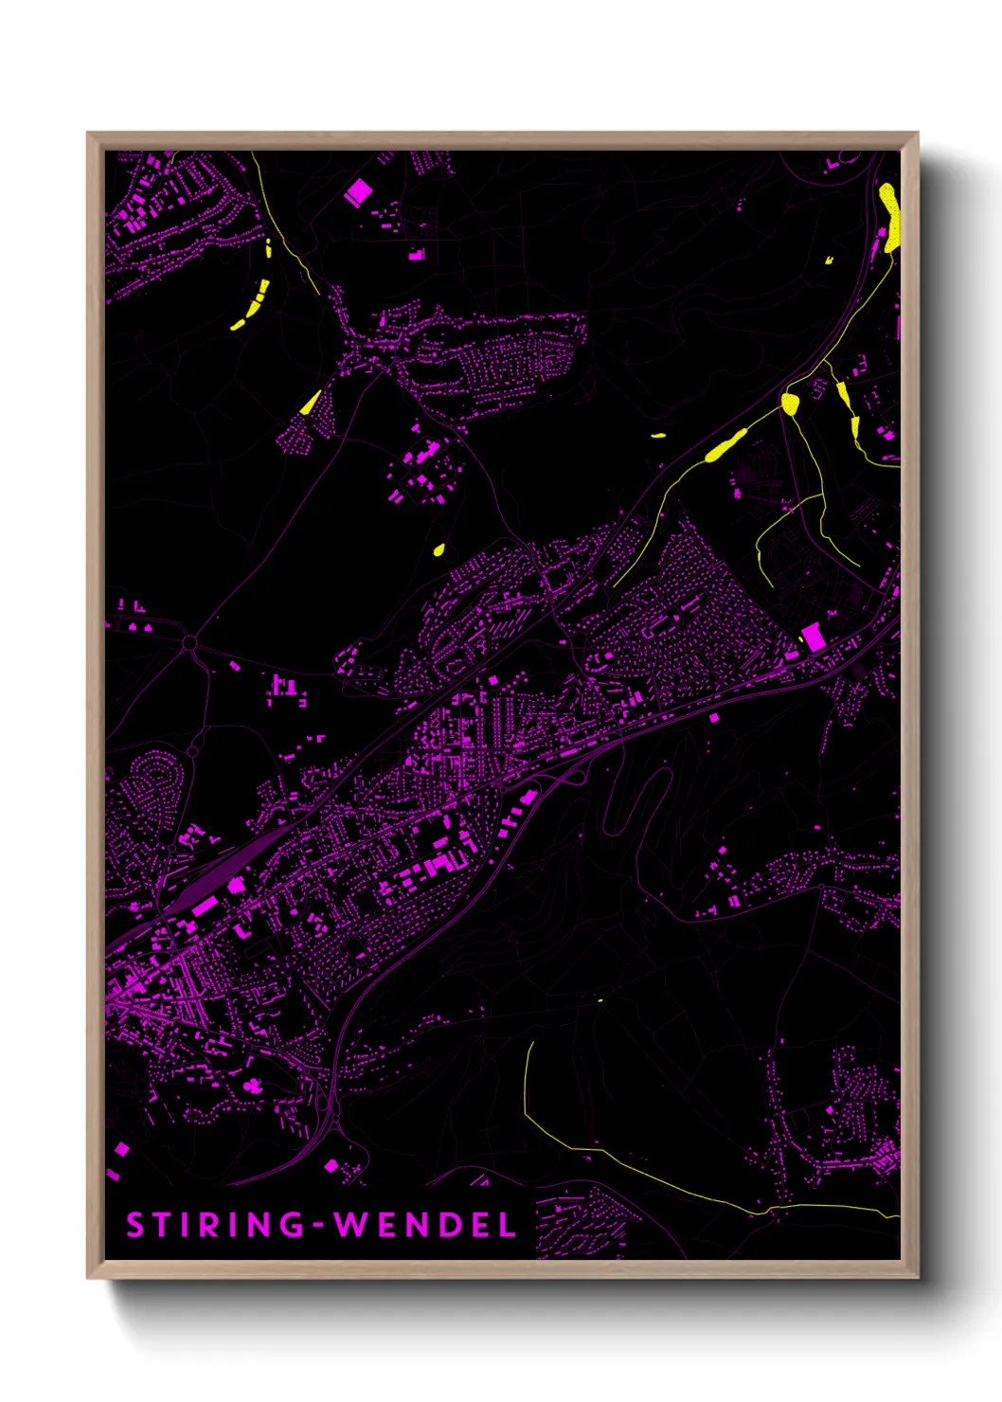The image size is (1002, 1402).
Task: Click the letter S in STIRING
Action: pyautogui.click(x=134, y=1225)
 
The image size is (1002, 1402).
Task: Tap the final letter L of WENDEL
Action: pyautogui.click(x=508, y=1225)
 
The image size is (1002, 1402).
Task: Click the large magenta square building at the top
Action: pyautogui.click(x=358, y=193)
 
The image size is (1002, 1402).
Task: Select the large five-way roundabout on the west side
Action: pyautogui.click(x=189, y=644)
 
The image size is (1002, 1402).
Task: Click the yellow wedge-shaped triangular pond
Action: pyautogui.click(x=311, y=404)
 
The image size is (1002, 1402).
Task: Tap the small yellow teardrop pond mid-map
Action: pyautogui.click(x=439, y=548)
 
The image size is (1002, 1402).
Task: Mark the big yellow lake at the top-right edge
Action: pyautogui.click(x=889, y=216)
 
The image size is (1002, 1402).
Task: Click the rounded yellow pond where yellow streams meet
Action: pyautogui.click(x=791, y=404)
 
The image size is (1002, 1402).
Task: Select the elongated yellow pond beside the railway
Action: pyautogui.click(x=727, y=445)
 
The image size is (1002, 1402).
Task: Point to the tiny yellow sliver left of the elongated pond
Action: pyautogui.click(x=658, y=436)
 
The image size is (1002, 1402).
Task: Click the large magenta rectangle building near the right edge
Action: pyautogui.click(x=813, y=636)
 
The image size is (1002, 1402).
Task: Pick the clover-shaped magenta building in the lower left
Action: pyautogui.click(x=252, y=1085)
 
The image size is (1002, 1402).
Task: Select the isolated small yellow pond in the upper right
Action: pyautogui.click(x=829, y=259)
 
